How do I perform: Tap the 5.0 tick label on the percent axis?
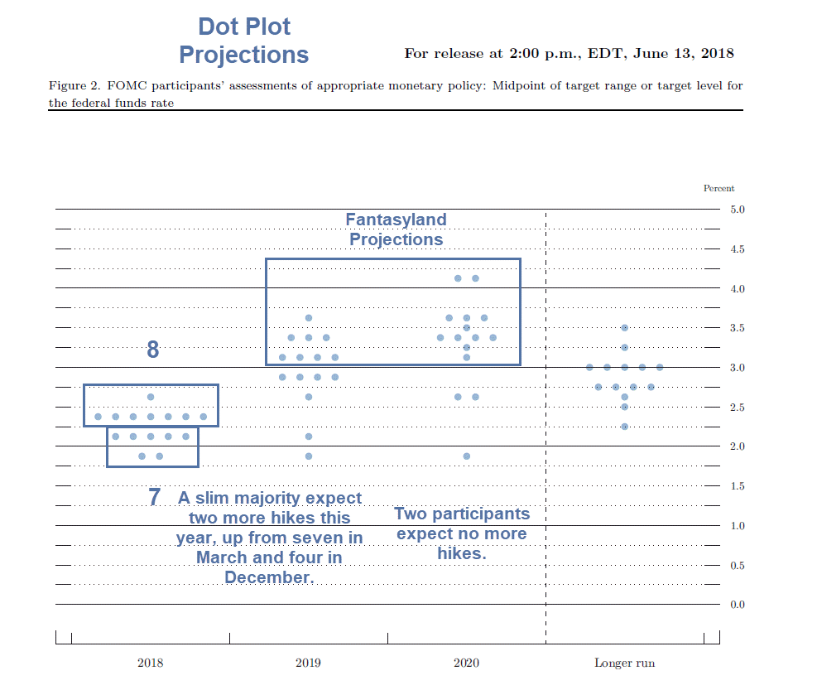738,210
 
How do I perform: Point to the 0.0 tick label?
738,605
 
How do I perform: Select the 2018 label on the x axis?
150,663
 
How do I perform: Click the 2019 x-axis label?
308,663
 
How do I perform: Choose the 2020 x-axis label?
466,663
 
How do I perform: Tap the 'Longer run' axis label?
624,663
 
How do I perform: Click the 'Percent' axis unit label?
718,188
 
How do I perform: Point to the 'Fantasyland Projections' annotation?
396,229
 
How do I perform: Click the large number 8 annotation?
152,350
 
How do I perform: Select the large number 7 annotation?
154,497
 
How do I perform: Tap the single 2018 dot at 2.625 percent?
150,397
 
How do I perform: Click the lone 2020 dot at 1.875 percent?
466,456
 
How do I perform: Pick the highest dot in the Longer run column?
624,328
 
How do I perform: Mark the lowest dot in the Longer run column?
624,427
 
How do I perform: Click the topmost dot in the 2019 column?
309,318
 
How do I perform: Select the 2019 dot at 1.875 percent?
309,456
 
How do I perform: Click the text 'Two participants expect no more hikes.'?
462,533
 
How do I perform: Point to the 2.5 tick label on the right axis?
738,408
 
